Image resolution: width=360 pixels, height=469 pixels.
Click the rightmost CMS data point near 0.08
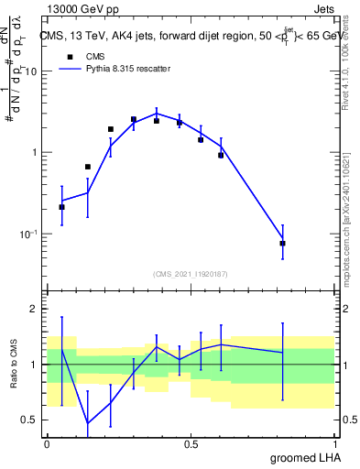[283, 243]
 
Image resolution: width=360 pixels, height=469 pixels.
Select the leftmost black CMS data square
[61, 207]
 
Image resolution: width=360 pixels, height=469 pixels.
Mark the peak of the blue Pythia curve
[157, 114]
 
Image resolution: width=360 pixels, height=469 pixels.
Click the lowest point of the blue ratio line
[88, 423]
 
